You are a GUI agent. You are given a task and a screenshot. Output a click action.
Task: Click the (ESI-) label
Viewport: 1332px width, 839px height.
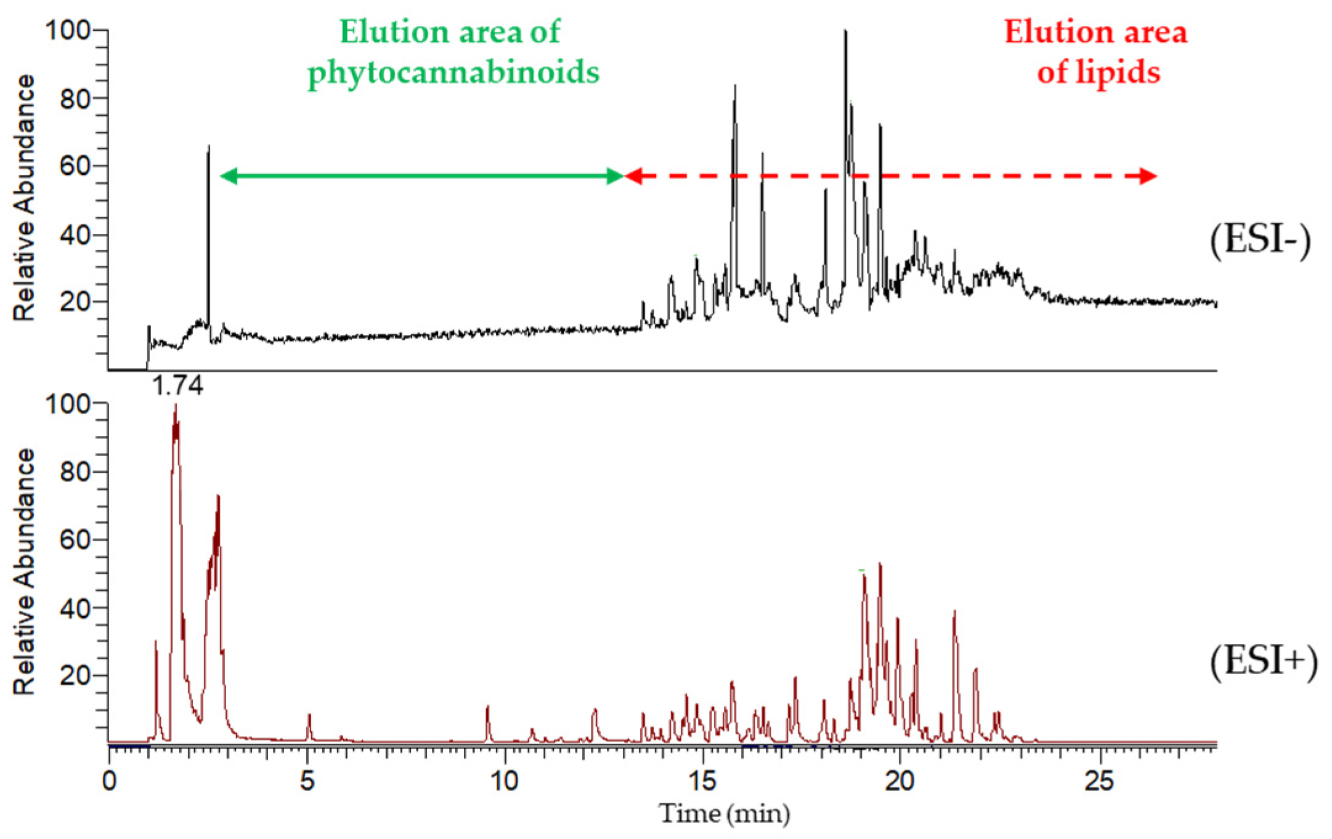(x=1260, y=239)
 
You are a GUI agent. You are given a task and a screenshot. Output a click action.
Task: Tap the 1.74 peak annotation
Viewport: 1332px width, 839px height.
(x=177, y=386)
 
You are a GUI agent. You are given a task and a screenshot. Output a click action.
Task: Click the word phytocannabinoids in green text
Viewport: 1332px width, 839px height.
(x=453, y=73)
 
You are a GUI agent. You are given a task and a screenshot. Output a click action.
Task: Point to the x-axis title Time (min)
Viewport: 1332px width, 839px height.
(x=725, y=814)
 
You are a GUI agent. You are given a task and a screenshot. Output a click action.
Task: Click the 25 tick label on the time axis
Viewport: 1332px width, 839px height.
(x=1098, y=781)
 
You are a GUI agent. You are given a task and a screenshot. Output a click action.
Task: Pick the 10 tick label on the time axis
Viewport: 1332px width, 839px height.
(x=504, y=781)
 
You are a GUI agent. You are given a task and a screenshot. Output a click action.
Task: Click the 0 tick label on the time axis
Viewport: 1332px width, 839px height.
(x=109, y=781)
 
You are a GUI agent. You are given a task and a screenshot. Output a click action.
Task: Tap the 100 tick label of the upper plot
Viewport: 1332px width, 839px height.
(x=68, y=30)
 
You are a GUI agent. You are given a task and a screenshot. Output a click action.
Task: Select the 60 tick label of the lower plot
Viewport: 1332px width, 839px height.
(x=75, y=540)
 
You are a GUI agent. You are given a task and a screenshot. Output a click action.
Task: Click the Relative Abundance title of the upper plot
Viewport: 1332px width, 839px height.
(x=24, y=198)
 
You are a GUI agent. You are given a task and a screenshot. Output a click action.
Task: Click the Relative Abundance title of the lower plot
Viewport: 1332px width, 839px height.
(x=24, y=572)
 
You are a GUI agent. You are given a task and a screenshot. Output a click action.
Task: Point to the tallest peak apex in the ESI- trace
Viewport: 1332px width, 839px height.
(x=845, y=31)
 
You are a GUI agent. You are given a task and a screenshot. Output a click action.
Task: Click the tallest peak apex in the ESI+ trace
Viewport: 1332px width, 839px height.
(x=176, y=406)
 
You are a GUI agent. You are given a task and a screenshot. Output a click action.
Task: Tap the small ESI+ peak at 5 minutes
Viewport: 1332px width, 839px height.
(x=309, y=715)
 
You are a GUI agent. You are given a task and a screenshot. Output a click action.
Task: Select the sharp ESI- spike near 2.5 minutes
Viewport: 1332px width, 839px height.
(x=209, y=147)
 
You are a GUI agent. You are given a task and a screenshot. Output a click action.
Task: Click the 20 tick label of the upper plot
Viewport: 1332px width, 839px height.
(x=75, y=302)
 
